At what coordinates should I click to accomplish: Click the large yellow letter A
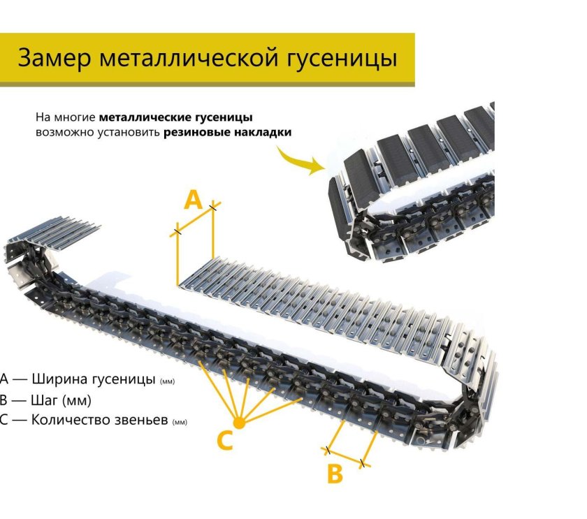193,200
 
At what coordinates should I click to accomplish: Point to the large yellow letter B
335,474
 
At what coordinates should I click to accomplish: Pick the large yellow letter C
225,441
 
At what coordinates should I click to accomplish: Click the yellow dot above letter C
239,423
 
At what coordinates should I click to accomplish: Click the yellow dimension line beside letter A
195,219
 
